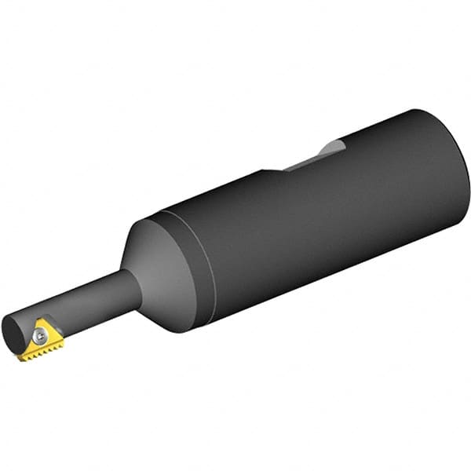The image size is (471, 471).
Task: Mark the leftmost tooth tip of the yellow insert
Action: pyautogui.click(x=20, y=357)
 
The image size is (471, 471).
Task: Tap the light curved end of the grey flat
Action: pyautogui.click(x=335, y=147)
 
